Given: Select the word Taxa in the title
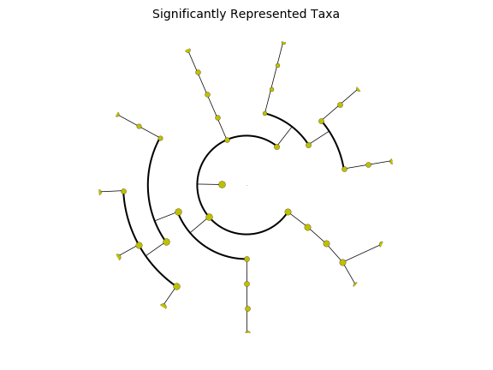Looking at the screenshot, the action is (324, 14).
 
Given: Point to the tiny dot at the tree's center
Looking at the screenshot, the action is (246, 185).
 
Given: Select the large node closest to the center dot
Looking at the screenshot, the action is (222, 184).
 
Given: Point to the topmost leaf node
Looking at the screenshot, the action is (283, 43).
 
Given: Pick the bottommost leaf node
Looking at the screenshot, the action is (247, 332).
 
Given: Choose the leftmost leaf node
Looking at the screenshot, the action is (99, 192).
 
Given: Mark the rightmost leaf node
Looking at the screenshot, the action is (391, 161).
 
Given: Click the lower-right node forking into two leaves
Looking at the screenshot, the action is (342, 262).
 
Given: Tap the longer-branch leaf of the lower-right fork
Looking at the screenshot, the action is (381, 244).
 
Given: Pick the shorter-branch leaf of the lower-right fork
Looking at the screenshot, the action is (355, 284).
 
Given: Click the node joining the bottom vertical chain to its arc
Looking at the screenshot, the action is (246, 259).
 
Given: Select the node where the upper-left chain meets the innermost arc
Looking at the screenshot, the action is (228, 140).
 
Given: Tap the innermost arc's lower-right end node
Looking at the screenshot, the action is (288, 212).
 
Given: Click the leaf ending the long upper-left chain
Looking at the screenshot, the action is (188, 51).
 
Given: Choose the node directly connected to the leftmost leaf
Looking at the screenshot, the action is (123, 191).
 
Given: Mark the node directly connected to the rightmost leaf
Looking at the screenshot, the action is (369, 164).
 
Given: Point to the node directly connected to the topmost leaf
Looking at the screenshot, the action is (277, 65).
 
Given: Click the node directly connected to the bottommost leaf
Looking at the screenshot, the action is (247, 308).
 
